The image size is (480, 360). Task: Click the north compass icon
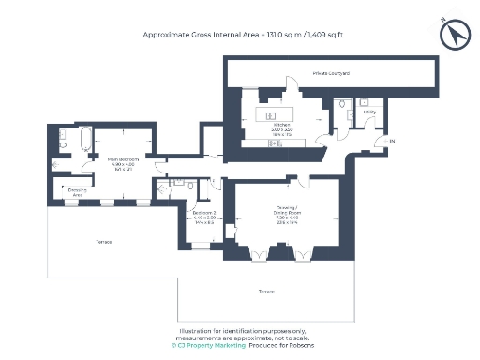click(457, 35)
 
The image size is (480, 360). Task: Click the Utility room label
click(369, 112)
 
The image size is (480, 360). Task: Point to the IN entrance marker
click(392, 142)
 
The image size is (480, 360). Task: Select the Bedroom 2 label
click(204, 216)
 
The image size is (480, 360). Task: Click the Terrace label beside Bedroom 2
click(103, 242)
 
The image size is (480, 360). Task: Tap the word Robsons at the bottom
click(304, 345)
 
